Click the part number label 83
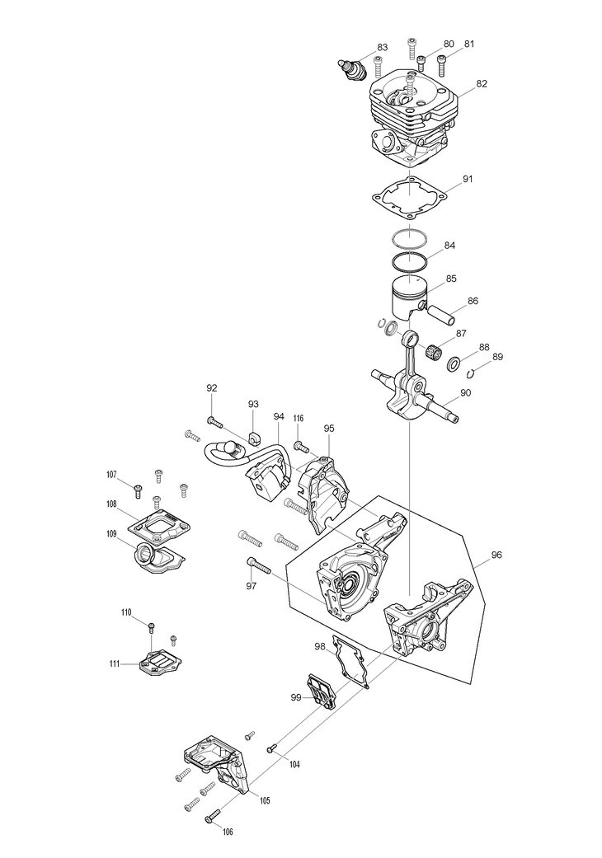(382, 47)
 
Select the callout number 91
(468, 179)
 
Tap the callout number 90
(466, 393)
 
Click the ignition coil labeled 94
(265, 482)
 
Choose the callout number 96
(496, 556)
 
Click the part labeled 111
(158, 661)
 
